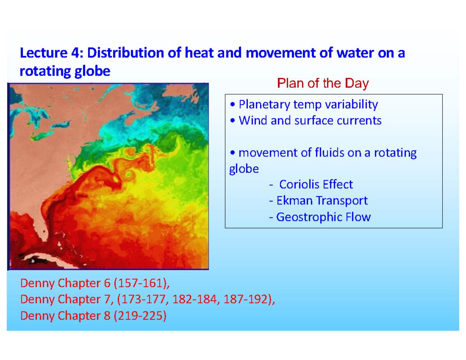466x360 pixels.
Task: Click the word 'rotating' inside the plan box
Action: (x=395, y=153)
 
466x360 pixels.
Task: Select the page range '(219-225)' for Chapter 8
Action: (x=139, y=316)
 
